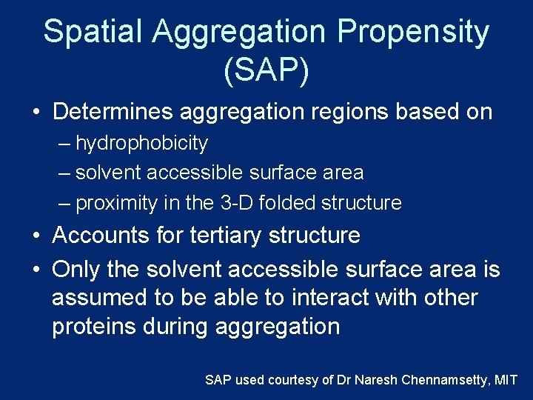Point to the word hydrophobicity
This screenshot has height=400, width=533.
(x=141, y=143)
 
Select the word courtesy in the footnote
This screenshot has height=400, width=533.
(x=292, y=380)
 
